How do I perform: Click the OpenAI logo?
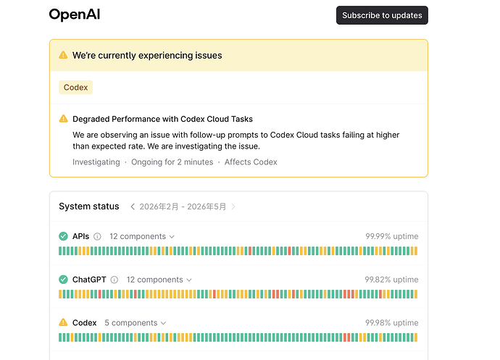click(75, 14)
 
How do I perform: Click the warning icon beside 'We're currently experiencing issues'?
click(63, 55)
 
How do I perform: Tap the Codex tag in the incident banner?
click(75, 88)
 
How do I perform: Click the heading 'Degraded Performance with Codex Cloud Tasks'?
click(162, 119)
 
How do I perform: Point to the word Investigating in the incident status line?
click(96, 162)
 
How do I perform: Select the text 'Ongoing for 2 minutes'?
click(172, 162)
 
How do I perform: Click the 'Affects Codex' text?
click(251, 162)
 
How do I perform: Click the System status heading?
click(89, 206)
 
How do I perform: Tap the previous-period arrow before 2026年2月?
click(133, 206)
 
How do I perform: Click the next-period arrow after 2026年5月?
click(233, 206)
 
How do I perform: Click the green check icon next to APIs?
click(63, 236)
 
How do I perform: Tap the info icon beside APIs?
click(97, 237)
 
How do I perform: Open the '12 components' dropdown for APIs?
click(142, 236)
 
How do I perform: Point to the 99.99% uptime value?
click(392, 236)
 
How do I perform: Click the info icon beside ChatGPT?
click(114, 280)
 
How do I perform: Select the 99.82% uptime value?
click(391, 280)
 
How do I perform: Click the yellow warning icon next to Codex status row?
click(63, 322)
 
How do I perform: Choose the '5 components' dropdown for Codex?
click(136, 322)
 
